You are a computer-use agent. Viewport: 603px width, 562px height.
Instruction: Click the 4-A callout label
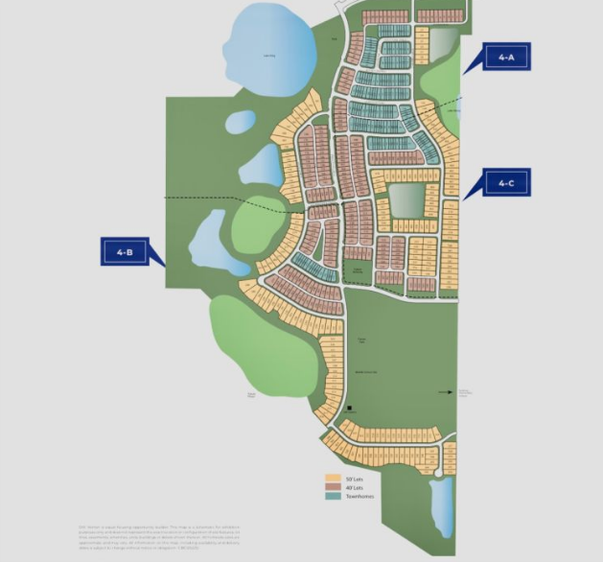[506, 58]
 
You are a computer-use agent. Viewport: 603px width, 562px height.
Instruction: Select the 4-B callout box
[125, 252]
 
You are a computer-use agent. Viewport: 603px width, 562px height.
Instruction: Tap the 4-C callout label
[505, 182]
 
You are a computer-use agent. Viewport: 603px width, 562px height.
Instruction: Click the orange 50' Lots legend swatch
[333, 478]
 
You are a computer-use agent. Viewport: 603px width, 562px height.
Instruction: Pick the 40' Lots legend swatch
[333, 487]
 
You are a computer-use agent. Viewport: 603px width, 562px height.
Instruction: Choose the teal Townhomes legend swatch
[333, 496]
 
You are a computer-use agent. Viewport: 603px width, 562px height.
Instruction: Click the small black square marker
[351, 408]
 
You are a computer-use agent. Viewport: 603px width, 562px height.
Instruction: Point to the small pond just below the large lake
[240, 122]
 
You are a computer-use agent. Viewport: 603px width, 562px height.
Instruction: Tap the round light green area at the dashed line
[259, 225]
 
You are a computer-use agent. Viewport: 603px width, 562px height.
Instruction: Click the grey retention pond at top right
[443, 44]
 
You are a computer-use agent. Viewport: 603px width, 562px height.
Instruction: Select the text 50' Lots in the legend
[355, 478]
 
